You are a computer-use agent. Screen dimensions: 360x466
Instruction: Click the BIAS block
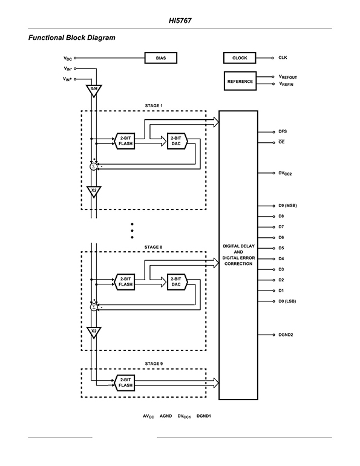[x=161, y=58]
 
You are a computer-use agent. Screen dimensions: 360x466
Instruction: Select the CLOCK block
[x=240, y=58]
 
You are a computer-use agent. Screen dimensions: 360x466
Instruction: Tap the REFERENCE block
[x=240, y=81]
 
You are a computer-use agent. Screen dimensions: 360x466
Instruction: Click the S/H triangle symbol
[x=94, y=90]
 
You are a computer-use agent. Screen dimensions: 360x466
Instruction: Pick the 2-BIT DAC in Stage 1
[x=177, y=141]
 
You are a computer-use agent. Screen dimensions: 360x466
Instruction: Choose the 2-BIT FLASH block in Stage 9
[x=125, y=382]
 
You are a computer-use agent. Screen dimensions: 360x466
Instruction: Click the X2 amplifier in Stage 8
[x=94, y=332]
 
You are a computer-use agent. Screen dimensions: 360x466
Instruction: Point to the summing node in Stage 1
[x=94, y=166]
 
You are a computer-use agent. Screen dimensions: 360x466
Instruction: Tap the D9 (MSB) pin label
[x=287, y=206]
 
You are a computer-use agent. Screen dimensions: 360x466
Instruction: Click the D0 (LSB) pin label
[x=287, y=301]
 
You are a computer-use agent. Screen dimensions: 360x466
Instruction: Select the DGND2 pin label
[x=286, y=335]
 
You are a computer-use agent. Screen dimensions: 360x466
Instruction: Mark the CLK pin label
[x=283, y=57]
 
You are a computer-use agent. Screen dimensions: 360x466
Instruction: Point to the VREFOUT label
[x=288, y=77]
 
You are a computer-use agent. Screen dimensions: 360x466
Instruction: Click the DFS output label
[x=283, y=131]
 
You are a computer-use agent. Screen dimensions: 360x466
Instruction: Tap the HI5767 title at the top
[x=180, y=21]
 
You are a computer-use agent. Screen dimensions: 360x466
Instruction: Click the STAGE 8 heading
[x=153, y=247]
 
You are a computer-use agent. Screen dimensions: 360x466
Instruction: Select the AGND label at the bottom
[x=166, y=416]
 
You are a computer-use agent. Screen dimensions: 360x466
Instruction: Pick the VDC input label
[x=68, y=59]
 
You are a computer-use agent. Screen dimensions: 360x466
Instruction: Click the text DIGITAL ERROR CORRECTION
[x=238, y=261]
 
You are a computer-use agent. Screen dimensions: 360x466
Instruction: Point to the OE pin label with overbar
[x=281, y=142]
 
